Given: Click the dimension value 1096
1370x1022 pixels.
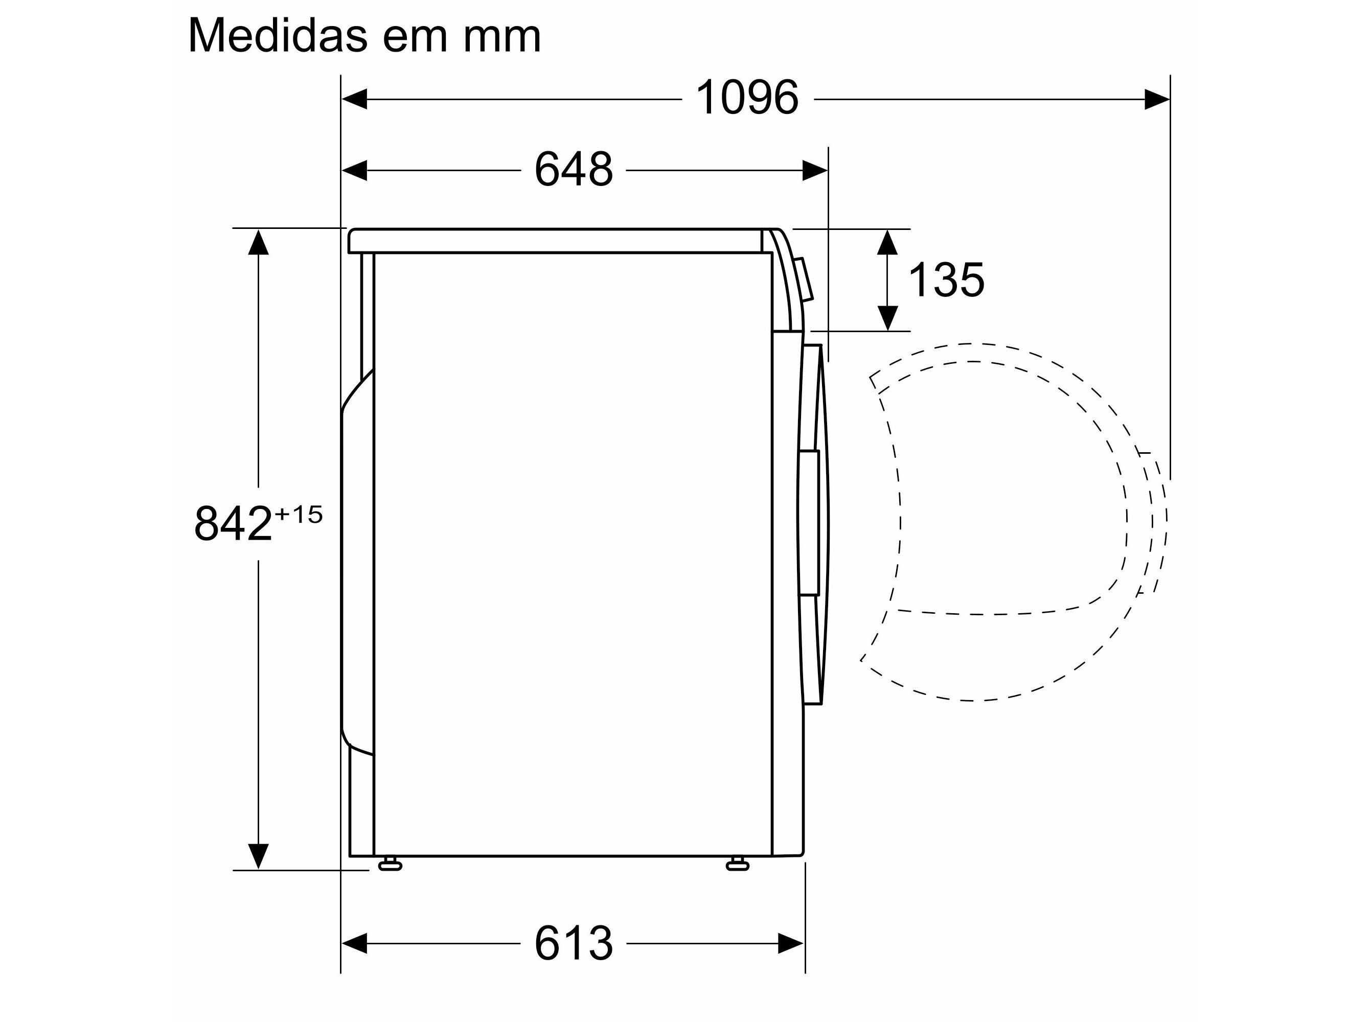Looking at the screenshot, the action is pyautogui.click(x=746, y=98).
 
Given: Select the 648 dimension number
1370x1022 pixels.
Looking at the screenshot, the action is pyautogui.click(x=574, y=170).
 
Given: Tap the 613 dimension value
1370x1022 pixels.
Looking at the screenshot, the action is pyautogui.click(x=574, y=943).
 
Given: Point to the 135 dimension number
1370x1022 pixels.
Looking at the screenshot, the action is pyautogui.click(x=946, y=280).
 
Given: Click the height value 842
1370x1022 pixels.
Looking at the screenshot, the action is pyautogui.click(x=233, y=523).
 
